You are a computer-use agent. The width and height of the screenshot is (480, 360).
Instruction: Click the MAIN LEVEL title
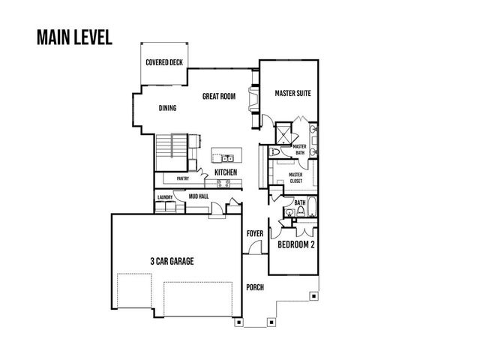click(x=73, y=37)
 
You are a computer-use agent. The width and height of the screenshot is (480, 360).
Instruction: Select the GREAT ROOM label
click(x=219, y=96)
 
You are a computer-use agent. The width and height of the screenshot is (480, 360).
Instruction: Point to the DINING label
click(x=167, y=108)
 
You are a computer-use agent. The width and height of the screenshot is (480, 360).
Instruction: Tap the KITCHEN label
click(x=226, y=173)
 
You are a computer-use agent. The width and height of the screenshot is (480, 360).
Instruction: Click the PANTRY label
click(x=182, y=178)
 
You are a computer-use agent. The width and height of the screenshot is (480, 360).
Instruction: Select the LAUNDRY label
click(x=165, y=198)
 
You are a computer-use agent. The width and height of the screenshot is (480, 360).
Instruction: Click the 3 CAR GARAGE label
click(x=172, y=261)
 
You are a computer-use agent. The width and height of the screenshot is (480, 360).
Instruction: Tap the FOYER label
click(x=256, y=234)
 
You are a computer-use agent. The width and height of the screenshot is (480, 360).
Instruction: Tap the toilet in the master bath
click(x=276, y=153)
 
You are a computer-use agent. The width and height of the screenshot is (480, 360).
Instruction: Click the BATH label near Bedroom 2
click(x=299, y=202)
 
